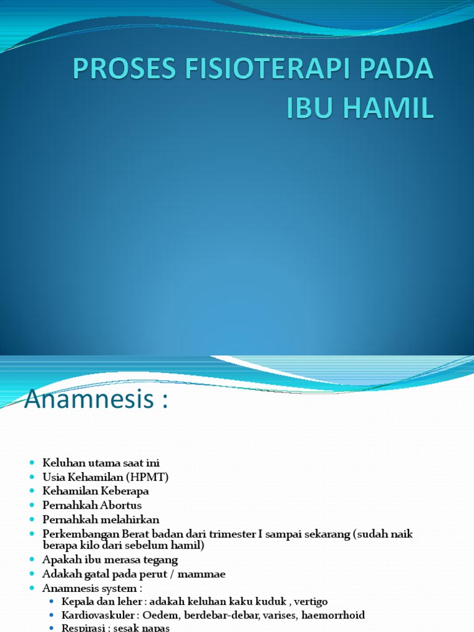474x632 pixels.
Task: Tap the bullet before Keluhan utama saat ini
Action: [x=32, y=463]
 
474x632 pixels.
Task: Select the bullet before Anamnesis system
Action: [x=32, y=589]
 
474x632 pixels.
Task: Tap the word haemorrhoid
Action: [x=333, y=615]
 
